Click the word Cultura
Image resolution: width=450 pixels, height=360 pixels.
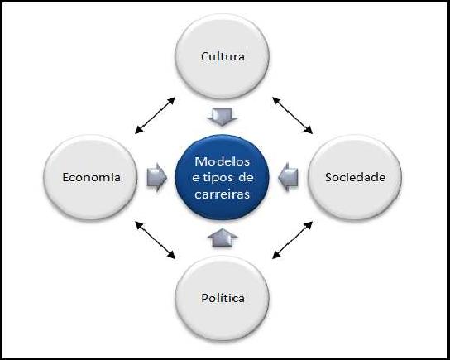[223, 56]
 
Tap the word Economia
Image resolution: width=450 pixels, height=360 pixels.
[91, 177]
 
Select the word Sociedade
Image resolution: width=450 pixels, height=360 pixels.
[355, 177]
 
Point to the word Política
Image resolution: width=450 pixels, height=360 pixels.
[223, 298]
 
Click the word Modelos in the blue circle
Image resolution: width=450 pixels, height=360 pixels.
[223, 161]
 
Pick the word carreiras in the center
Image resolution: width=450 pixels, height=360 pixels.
[223, 194]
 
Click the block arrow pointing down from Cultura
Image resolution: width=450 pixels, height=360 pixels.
[223, 117]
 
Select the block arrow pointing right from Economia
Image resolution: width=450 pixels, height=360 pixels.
[156, 177]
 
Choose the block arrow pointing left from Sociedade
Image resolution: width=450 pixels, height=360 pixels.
[288, 177]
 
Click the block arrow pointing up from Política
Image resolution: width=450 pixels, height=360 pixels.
[223, 238]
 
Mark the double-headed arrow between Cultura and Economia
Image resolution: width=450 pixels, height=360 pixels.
[155, 115]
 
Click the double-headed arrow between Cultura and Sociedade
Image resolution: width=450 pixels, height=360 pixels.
[292, 115]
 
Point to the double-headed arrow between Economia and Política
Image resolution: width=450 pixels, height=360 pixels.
[155, 240]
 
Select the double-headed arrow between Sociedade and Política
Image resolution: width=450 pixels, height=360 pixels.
[292, 240]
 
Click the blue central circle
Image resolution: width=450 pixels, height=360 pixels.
[223, 177]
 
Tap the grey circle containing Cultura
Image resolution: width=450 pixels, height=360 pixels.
[223, 56]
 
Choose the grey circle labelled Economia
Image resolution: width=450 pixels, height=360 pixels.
[90, 177]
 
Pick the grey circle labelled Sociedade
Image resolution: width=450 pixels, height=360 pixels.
[355, 177]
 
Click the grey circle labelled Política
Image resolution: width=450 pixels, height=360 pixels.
[223, 299]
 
